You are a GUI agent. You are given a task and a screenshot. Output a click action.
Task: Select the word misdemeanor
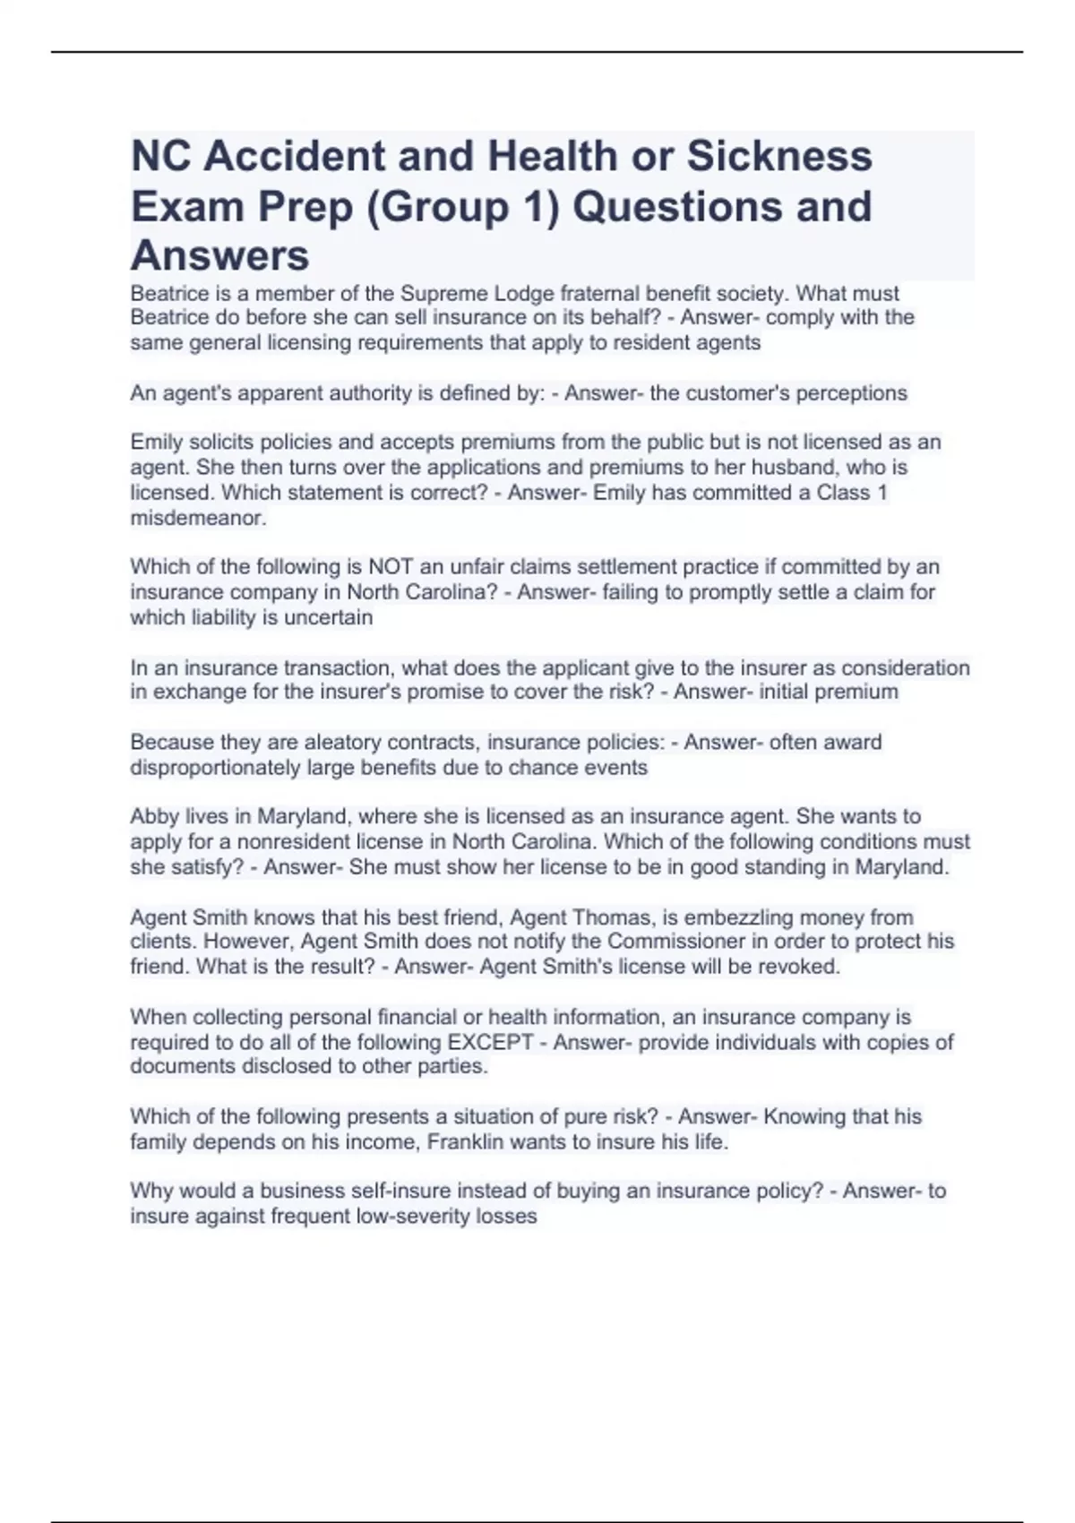point(198,518)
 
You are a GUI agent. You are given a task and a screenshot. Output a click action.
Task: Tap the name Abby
point(154,816)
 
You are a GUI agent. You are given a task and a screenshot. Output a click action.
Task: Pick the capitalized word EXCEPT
point(490,1042)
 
